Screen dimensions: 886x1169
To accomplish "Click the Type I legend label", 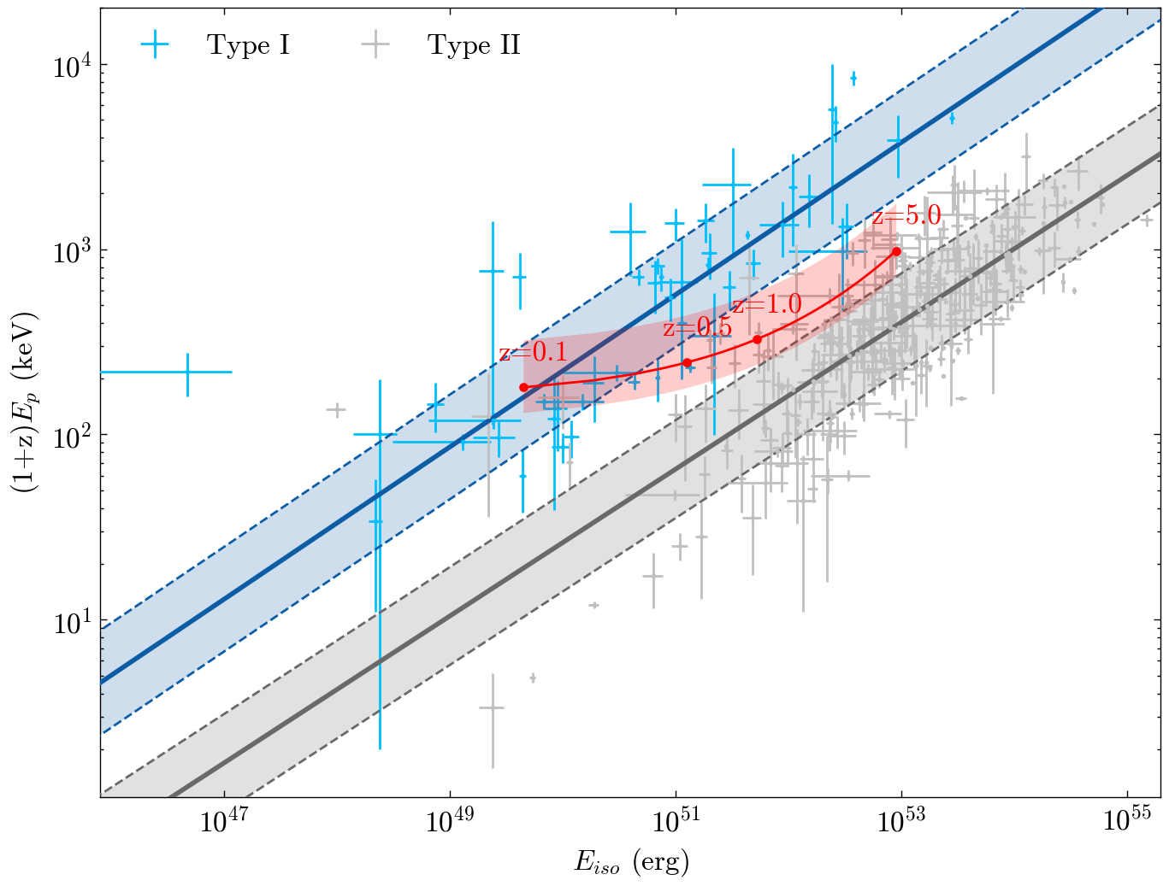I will (x=248, y=45).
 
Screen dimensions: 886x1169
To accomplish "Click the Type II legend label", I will (x=474, y=45).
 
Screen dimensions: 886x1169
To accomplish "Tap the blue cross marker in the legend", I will (x=155, y=45).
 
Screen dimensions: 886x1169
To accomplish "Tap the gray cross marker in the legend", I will (x=375, y=45).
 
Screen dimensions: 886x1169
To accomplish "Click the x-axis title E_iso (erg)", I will (x=631, y=862).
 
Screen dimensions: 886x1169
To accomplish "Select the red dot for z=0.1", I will (x=524, y=388).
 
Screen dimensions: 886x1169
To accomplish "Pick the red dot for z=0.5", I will (x=687, y=363).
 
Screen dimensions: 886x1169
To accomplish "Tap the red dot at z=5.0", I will (x=896, y=251).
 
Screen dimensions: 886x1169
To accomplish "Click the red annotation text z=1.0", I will (x=767, y=305).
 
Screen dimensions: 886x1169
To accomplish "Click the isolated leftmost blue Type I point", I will (x=188, y=373).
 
